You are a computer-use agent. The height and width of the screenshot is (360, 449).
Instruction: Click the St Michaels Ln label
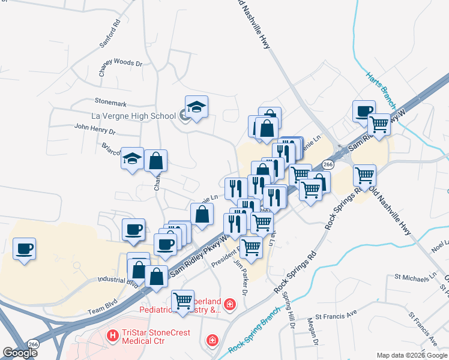pos(415,277)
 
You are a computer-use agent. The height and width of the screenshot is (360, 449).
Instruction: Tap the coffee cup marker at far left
pos(24,248)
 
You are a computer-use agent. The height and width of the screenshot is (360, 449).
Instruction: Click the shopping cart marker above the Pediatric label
pos(182,300)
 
